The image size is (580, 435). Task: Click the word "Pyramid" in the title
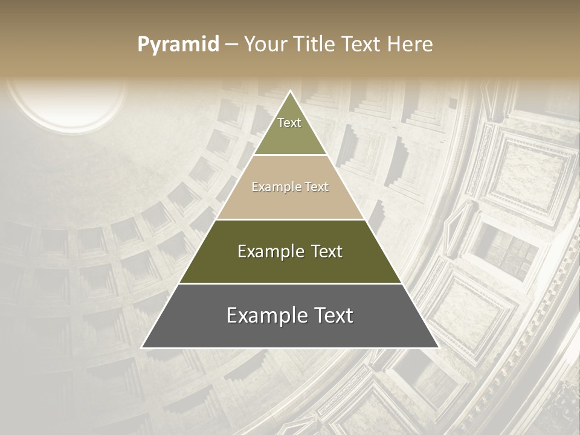[x=178, y=45]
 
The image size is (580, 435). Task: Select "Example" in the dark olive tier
[x=271, y=251]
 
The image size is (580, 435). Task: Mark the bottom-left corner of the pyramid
[x=143, y=347]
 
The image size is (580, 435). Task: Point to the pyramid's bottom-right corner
[x=437, y=347]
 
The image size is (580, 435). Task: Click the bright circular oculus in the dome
[x=66, y=103]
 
